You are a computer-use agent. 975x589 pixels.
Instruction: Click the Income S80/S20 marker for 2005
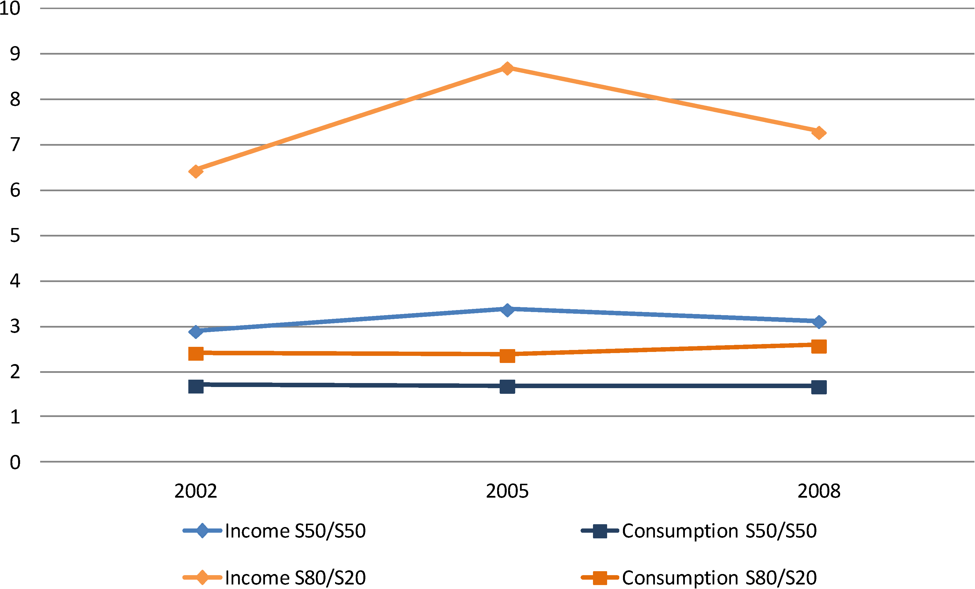507,68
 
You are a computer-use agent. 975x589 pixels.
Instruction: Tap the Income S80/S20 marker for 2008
818,133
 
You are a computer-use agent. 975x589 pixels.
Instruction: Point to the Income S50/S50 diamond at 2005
507,309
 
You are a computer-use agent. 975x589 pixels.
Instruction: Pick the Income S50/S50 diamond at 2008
818,322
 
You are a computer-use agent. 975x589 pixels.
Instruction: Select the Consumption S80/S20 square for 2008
818,346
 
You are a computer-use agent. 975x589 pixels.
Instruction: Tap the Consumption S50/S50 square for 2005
507,386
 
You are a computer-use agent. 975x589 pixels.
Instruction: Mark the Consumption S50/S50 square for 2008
818,387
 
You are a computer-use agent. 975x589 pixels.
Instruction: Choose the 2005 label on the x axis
507,491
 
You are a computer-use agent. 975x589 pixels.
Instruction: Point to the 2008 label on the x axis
818,491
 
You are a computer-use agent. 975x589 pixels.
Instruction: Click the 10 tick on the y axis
10,8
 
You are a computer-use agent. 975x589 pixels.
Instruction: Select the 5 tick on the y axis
15,236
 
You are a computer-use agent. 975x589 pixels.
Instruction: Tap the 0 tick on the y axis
15,462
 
